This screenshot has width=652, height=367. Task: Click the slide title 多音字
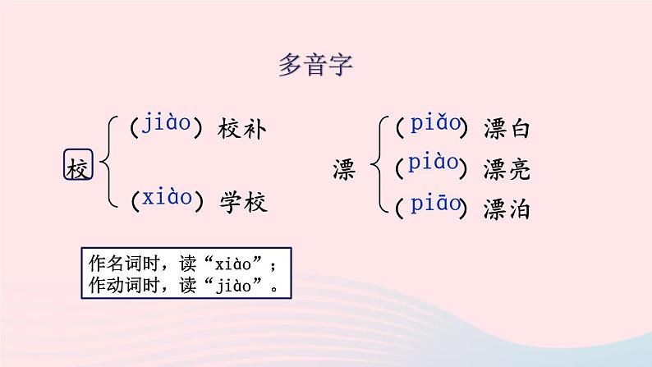[315, 66]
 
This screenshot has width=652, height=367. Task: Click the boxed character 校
[78, 167]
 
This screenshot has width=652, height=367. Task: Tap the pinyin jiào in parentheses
[167, 125]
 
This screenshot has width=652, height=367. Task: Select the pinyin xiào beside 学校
[167, 198]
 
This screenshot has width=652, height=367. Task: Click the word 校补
[243, 129]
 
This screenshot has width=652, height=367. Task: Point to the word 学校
[243, 201]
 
